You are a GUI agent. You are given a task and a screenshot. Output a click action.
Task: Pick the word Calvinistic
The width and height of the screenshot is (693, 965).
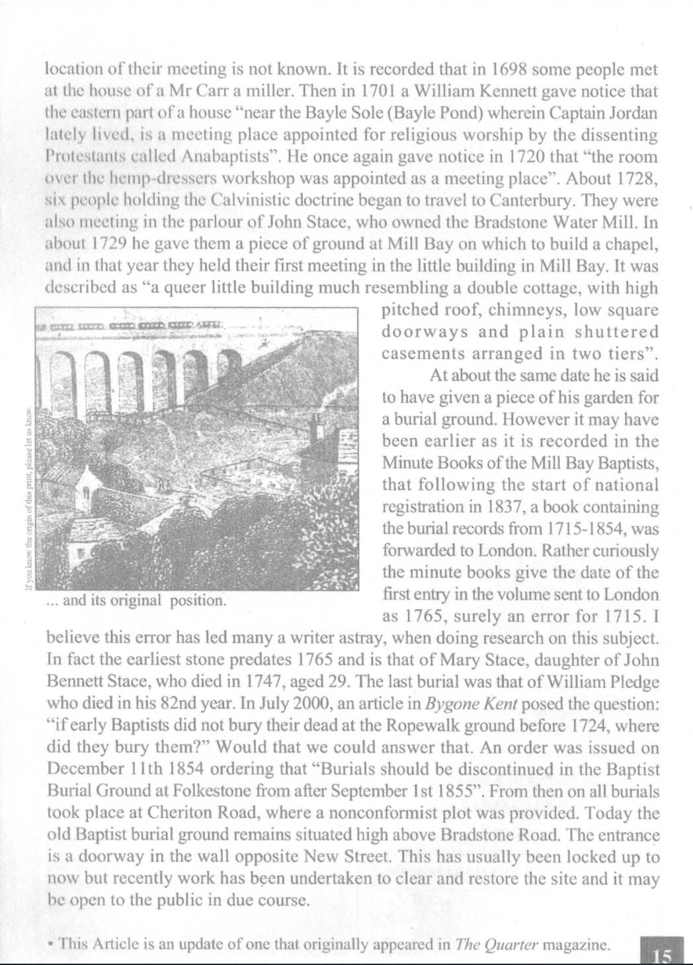point(248,200)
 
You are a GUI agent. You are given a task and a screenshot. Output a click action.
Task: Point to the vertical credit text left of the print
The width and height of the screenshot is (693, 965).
point(28,503)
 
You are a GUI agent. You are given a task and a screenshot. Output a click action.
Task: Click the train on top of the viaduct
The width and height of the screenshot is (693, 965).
point(132,326)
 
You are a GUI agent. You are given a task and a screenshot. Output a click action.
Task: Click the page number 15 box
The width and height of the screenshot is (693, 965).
point(662,952)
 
